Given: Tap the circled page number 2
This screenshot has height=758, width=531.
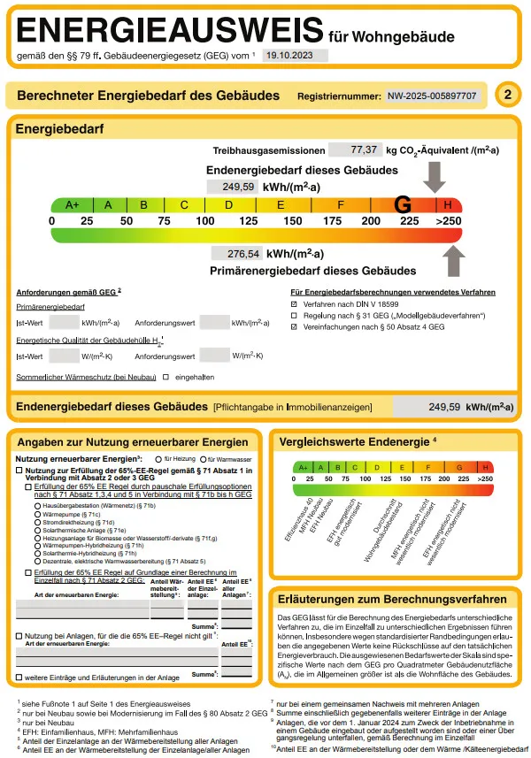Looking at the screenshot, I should pos(507,95).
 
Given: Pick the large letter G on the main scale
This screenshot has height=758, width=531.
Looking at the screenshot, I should pos(404,204).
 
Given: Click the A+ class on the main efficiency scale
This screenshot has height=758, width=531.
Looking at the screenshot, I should pos(72,205).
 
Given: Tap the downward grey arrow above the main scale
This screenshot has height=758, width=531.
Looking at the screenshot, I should pos(435,176).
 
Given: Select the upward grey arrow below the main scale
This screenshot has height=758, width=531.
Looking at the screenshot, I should pos(451,262).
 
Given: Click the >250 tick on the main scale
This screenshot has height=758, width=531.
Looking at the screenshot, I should pos(449,220).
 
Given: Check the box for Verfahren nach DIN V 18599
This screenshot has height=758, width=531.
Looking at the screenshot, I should pos(296,303).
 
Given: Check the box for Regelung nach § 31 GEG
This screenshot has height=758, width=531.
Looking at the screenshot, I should pos(296,315).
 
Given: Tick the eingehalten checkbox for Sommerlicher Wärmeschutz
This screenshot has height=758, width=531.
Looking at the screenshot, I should pos(165,378).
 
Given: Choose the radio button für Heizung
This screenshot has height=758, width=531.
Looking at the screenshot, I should pos(158,460).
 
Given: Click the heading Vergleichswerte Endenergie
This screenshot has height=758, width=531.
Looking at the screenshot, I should pos(353,440).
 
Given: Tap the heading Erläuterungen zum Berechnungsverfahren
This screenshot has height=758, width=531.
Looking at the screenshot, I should pos(393,599).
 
